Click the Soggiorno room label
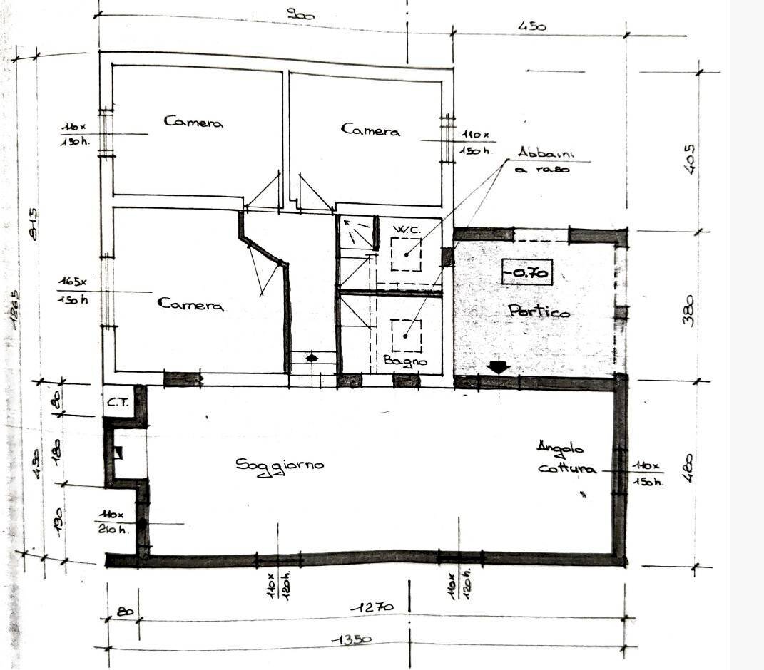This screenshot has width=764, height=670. [280, 465]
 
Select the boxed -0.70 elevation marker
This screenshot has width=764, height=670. [527, 272]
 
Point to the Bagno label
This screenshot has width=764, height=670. [405, 361]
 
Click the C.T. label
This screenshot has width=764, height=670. [118, 403]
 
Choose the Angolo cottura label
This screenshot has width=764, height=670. [566, 458]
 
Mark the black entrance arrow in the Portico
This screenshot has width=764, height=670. [498, 367]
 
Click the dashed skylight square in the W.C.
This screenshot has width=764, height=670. [406, 254]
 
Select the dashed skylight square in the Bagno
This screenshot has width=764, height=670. [406, 335]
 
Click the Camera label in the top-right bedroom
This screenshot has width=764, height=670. [370, 130]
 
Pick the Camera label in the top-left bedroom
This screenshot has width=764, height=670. [193, 122]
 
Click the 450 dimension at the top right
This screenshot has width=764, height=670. [532, 26]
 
